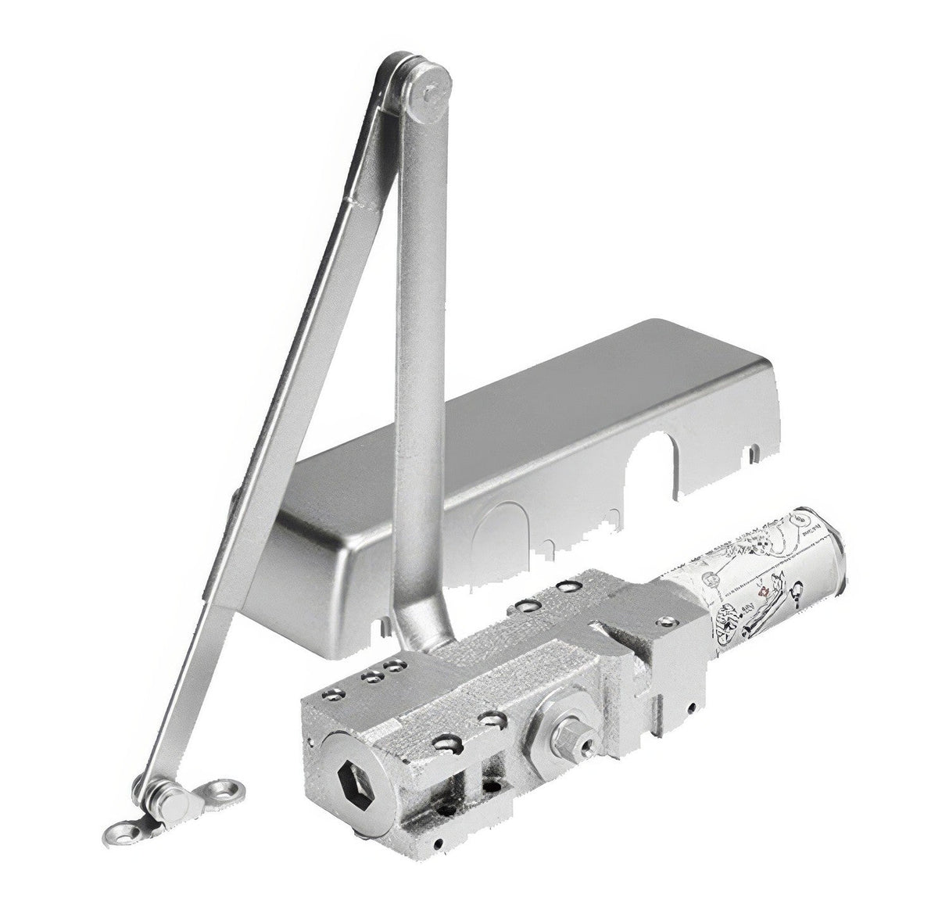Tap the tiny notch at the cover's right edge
pyautogui.click(x=752, y=452)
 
